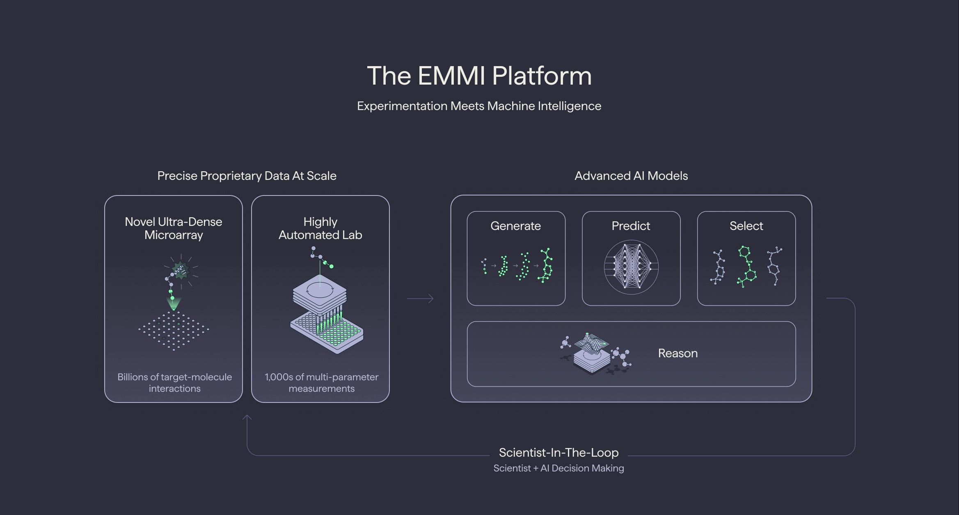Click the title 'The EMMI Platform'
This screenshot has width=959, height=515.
click(479, 76)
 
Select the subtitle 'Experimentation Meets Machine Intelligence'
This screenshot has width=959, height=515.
click(479, 106)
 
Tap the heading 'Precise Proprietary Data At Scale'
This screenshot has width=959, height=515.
click(247, 176)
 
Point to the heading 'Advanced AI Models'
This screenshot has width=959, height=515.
click(631, 176)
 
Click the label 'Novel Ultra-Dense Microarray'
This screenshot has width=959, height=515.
click(174, 228)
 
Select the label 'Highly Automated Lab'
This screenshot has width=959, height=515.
click(320, 228)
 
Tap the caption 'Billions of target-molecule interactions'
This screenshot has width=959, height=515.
click(174, 382)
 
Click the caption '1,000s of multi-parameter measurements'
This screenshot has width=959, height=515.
click(321, 382)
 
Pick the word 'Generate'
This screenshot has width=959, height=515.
click(515, 226)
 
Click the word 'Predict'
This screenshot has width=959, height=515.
click(631, 226)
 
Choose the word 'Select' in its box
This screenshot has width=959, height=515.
click(746, 226)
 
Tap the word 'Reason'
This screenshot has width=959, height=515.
click(677, 353)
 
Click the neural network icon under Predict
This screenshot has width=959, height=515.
click(631, 267)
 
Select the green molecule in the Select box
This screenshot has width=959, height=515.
click(747, 267)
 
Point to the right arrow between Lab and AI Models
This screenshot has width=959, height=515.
click(420, 299)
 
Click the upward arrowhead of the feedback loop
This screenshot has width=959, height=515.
click(247, 418)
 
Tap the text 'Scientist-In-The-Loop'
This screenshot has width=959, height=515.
click(558, 453)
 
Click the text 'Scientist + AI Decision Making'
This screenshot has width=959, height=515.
click(558, 468)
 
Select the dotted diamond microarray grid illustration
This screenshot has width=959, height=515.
click(174, 330)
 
